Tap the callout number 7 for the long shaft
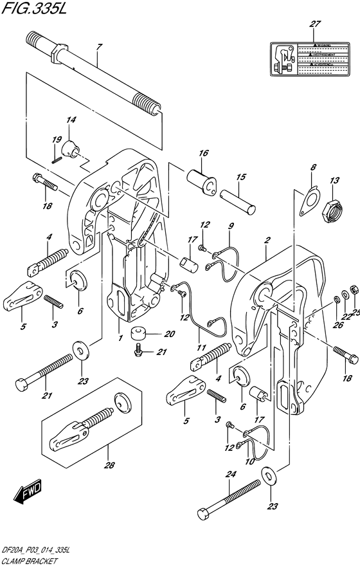tap(99, 48)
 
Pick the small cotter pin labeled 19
tap(57, 153)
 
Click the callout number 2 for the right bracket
tap(266, 241)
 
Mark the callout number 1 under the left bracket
tap(119, 320)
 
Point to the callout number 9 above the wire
tap(231, 226)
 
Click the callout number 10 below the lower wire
tap(249, 463)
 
